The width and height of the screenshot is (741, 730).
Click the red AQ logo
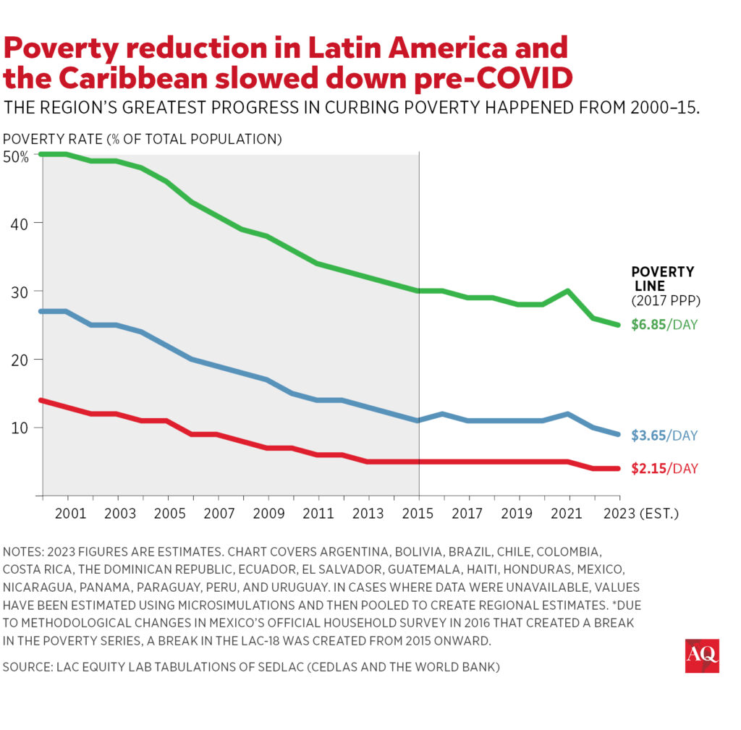click(x=701, y=655)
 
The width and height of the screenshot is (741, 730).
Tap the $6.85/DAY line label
click(x=664, y=325)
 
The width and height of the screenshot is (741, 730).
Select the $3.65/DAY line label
click(x=664, y=436)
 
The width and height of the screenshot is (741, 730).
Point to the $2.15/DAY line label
click(x=664, y=469)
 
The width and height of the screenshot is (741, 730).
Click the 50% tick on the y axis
click(x=16, y=156)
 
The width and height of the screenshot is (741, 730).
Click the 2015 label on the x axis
click(x=419, y=514)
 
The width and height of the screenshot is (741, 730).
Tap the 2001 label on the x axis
click(x=67, y=514)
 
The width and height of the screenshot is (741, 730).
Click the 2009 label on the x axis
click(x=268, y=514)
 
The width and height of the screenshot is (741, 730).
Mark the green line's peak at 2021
click(x=569, y=291)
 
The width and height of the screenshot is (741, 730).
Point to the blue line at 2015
click(x=419, y=420)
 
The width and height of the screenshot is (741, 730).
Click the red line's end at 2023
click(x=619, y=468)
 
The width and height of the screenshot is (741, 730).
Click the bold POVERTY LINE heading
click(x=662, y=279)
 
